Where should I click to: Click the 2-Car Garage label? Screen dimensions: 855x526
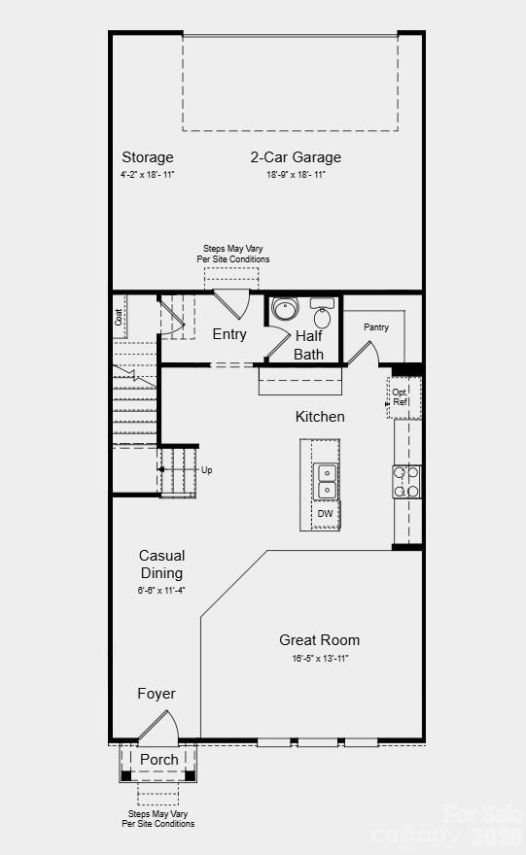click(296, 157)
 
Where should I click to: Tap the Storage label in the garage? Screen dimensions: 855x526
click(148, 157)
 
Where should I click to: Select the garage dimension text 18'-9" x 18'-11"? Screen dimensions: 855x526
click(296, 175)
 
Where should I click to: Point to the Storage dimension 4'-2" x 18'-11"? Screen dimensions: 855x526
click(148, 175)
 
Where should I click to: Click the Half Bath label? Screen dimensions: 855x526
click(309, 345)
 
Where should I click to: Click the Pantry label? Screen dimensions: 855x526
click(376, 327)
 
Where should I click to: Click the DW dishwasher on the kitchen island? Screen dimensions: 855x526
click(326, 514)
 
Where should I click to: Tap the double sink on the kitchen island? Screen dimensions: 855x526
click(326, 481)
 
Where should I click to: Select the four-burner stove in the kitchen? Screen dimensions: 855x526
click(406, 481)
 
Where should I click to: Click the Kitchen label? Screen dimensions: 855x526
click(320, 417)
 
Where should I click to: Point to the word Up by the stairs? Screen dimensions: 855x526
click(206, 470)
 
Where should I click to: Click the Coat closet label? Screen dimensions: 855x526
click(119, 317)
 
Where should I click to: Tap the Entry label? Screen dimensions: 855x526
click(229, 334)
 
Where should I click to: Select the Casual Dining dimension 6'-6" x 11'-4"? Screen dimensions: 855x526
click(161, 590)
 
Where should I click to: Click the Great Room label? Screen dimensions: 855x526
click(319, 640)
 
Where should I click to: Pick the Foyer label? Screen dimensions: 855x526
click(157, 694)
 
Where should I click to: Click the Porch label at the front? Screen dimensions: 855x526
click(159, 760)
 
